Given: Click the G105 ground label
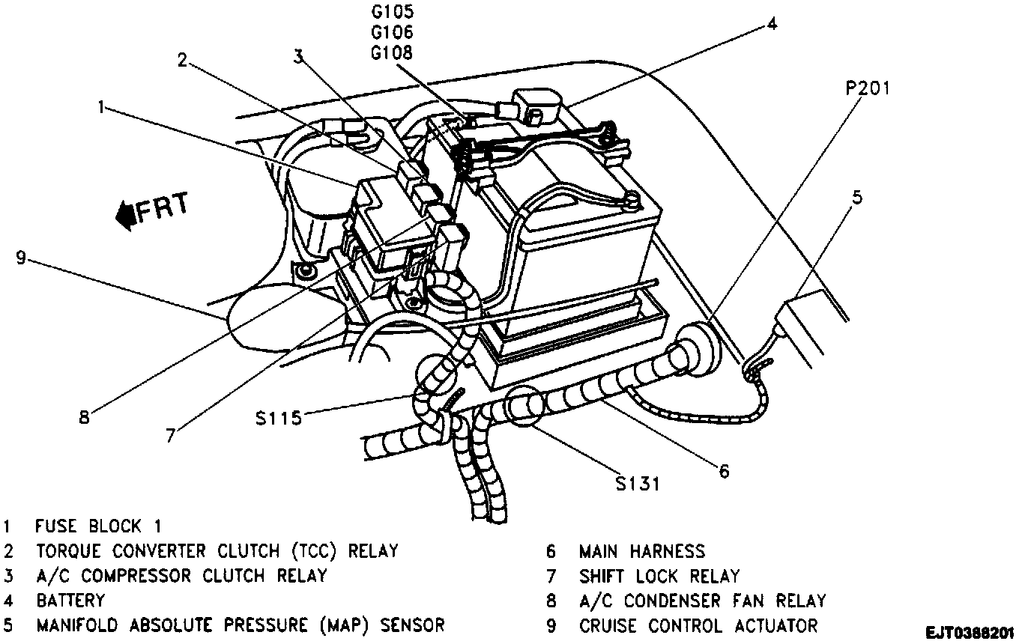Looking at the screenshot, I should (x=391, y=12).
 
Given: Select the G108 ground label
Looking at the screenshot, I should (x=391, y=52).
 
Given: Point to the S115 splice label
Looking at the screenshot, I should (x=277, y=417).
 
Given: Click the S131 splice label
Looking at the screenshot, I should (x=637, y=483).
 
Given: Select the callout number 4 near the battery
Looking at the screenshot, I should (x=771, y=22).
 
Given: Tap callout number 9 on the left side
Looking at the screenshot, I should (x=21, y=258).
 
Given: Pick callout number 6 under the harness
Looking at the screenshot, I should (x=723, y=471).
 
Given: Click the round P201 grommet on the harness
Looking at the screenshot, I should (x=699, y=347).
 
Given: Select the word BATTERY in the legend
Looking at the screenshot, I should (x=70, y=601).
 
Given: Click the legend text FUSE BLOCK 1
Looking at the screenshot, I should (x=98, y=526).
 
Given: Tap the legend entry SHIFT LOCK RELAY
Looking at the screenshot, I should (x=659, y=577).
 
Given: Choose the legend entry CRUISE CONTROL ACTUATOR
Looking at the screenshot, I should (x=698, y=625).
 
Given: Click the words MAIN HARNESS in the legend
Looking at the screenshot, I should (x=641, y=552).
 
